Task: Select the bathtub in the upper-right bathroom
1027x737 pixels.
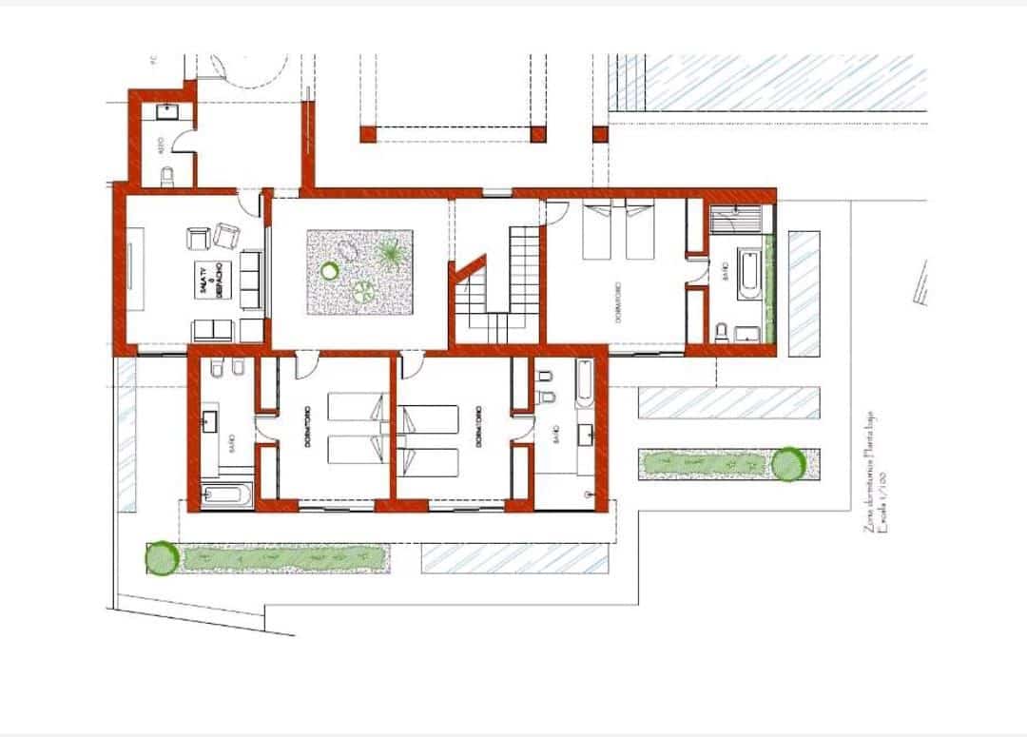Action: pyautogui.click(x=747, y=273)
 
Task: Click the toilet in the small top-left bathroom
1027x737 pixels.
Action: pyautogui.click(x=168, y=176)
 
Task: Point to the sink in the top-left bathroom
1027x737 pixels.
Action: pyautogui.click(x=167, y=111)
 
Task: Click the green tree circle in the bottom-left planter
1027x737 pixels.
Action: pyautogui.click(x=162, y=558)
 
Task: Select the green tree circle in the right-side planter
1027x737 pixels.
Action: pyautogui.click(x=787, y=464)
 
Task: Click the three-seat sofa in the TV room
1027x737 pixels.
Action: pyautogui.click(x=249, y=280)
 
